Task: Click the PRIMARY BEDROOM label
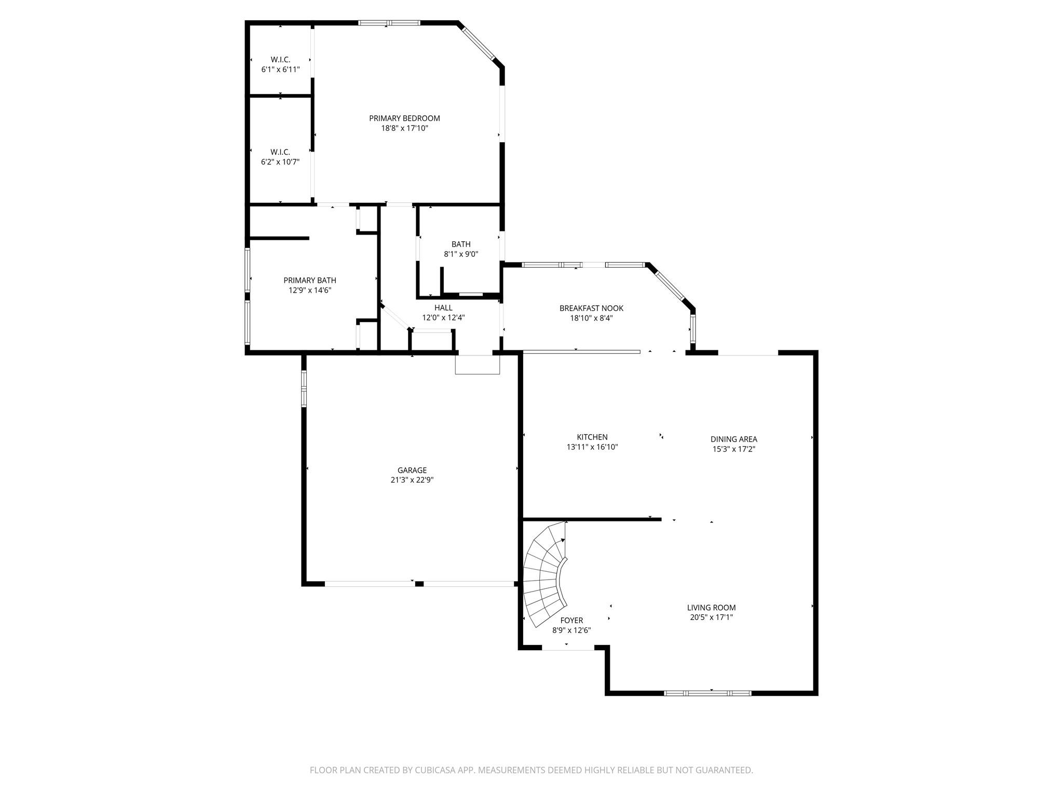(x=404, y=118)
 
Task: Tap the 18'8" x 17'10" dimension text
(x=404, y=128)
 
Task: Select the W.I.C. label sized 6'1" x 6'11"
(x=280, y=60)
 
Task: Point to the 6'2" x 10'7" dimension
(x=280, y=162)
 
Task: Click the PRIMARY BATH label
(x=310, y=281)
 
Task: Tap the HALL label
(x=443, y=308)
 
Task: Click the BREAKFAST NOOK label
(x=591, y=308)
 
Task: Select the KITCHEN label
(x=592, y=437)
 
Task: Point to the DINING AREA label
(x=734, y=439)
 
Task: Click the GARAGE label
(x=412, y=471)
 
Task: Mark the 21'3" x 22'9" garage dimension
(x=412, y=480)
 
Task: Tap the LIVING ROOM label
(x=711, y=608)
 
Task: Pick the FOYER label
(x=571, y=621)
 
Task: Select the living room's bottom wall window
(x=707, y=693)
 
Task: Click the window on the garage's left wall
(x=304, y=388)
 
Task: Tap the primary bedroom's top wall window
(x=389, y=23)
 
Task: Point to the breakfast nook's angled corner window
(x=670, y=285)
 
